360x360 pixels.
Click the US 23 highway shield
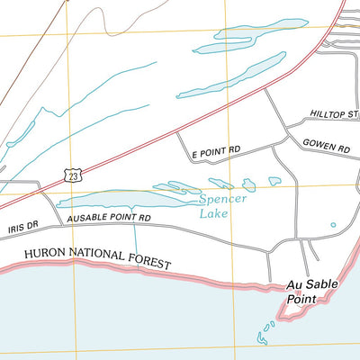[x=71, y=175]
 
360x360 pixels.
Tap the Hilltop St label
[x=334, y=114]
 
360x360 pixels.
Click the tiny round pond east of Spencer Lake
[x=333, y=225]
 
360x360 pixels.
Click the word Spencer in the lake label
[x=219, y=201]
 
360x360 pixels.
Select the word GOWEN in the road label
[x=319, y=144]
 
